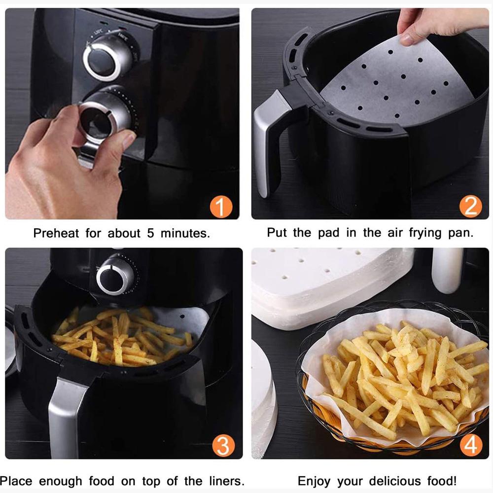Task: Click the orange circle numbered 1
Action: pos(221,207)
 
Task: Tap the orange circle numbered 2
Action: pos(470,206)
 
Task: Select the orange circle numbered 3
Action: pos(223,446)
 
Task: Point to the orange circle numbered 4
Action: pos(471,445)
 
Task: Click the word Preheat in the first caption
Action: pos(56,233)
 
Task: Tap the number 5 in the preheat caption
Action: pos(150,233)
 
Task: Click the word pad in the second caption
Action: pos(328,233)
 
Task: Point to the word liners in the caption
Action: pos(226,481)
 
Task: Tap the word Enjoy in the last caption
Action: pos(314,482)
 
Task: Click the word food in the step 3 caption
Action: pos(101,481)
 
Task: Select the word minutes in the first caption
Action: pos(185,233)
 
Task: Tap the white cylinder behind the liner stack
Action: pos(447,270)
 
